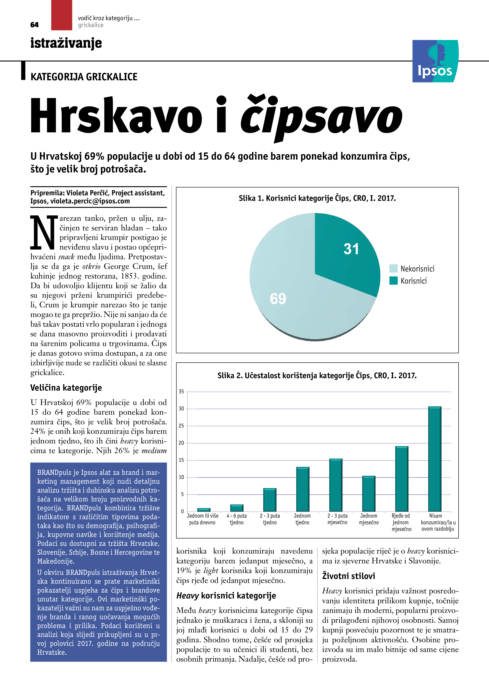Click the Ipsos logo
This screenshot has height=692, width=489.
435,61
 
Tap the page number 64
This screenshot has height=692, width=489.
34,25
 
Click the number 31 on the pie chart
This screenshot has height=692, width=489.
351,249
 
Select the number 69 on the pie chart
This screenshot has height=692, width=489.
278,299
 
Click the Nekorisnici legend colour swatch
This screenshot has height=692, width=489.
393,268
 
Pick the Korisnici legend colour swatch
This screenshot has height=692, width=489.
393,281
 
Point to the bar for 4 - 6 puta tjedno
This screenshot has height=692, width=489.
237,508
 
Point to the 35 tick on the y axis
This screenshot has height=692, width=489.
181,392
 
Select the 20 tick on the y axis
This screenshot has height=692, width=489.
181,443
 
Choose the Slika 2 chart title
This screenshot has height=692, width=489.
317,376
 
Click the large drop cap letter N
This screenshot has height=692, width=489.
43,232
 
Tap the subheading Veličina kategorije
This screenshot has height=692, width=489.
66,388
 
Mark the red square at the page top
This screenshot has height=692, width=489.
62,15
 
